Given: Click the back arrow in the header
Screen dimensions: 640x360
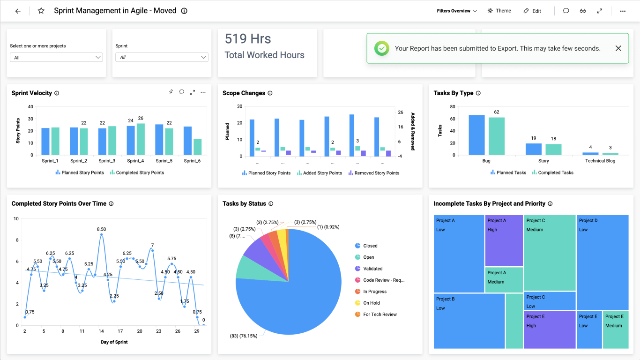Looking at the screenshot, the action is click(x=18, y=11).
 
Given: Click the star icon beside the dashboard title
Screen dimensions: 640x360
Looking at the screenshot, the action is click(x=41, y=11).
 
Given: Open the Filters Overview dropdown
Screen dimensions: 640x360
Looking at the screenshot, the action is click(x=456, y=11).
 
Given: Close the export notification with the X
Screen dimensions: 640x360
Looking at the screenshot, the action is click(x=618, y=48).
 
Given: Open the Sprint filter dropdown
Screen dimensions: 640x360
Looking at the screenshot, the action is click(x=162, y=57).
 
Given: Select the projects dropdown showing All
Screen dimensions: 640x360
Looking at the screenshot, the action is click(x=56, y=57).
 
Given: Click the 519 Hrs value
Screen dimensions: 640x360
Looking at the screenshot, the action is click(x=248, y=38).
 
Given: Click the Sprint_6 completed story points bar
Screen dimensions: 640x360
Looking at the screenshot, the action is click(x=197, y=147).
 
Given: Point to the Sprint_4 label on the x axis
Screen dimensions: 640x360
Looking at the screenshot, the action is click(x=135, y=161).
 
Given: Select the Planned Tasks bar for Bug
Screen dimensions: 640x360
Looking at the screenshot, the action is click(x=476, y=135).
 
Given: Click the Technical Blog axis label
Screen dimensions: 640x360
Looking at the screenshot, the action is click(x=600, y=161).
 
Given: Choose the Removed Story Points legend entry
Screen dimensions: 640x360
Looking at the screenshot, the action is click(x=374, y=173).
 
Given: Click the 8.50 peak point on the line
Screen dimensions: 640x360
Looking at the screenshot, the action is click(x=101, y=234).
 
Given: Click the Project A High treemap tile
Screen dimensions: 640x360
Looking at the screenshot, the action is click(x=504, y=241).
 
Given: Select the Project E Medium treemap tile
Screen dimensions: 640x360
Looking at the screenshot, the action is click(x=616, y=330).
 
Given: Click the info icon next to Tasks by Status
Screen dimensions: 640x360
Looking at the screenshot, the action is click(x=271, y=203).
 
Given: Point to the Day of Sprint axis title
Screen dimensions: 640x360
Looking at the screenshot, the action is click(x=114, y=342).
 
